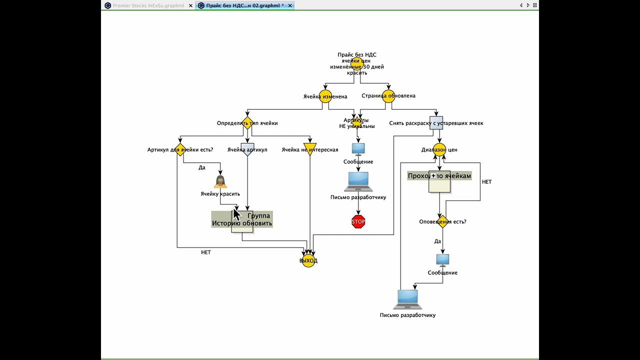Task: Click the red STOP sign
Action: [358, 221]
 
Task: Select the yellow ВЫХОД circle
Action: [308, 260]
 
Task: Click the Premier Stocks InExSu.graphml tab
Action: [148, 5]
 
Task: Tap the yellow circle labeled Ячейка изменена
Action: [325, 96]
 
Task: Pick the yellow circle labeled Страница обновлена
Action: [388, 96]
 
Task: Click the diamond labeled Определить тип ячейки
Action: [247, 123]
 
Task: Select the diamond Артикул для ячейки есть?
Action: [180, 149]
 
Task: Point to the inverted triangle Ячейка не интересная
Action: [310, 149]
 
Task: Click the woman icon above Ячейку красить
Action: [220, 181]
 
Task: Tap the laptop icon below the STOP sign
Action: [407, 299]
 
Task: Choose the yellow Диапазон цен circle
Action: [439, 149]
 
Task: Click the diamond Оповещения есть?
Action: [442, 221]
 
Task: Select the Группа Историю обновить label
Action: [242, 219]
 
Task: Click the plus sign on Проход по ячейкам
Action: [433, 176]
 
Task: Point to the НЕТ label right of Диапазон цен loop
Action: [486, 182]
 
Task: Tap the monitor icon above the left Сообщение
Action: [358, 148]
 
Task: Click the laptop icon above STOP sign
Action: [358, 181]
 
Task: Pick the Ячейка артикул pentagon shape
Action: [247, 149]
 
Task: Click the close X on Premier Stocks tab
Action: [190, 5]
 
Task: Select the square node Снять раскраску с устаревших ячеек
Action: [436, 123]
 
